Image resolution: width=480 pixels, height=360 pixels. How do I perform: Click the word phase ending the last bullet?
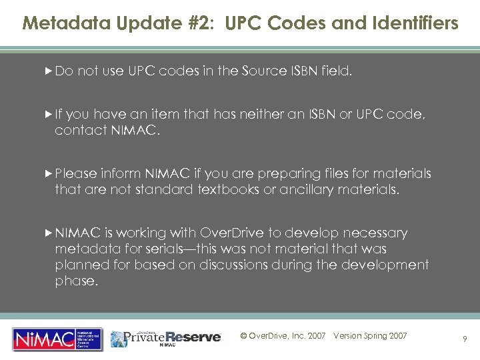(x=74, y=281)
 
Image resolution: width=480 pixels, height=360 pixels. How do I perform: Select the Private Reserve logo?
(x=166, y=337)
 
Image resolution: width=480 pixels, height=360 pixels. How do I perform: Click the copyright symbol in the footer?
(x=243, y=336)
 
